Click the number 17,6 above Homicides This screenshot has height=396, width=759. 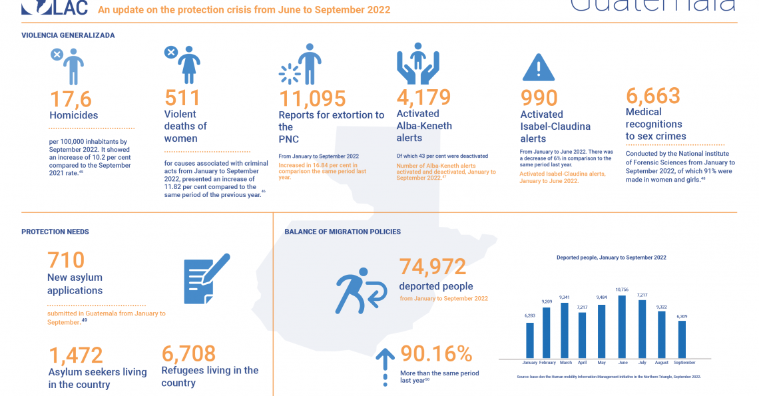pos(71,99)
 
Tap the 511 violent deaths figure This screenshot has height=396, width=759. pos(182,99)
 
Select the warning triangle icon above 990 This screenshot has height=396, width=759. pos(539,67)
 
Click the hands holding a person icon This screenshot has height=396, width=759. pos(418,64)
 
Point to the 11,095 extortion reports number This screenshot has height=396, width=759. pos(312,99)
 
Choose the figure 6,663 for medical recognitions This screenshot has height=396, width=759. pos(652,96)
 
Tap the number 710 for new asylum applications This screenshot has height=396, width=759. pos(66,260)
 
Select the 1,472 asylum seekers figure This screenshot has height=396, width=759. pos(75,355)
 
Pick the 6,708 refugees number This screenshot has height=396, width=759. pos(188,353)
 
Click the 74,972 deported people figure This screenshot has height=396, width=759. pos(433,267)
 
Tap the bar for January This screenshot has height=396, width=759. pos(530,339)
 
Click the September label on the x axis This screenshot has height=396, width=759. pos(684,363)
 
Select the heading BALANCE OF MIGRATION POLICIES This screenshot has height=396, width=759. pos(342,232)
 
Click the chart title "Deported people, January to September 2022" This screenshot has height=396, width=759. pos(611,257)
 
